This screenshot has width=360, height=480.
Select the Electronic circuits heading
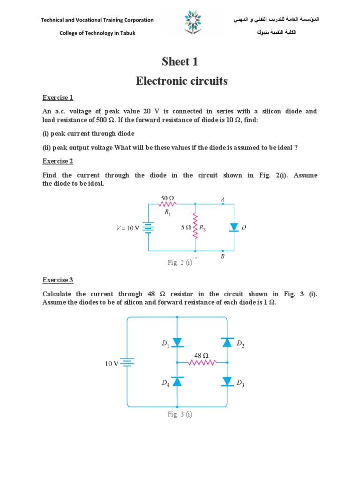tap(182, 81)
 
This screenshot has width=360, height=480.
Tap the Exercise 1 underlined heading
tap(58, 98)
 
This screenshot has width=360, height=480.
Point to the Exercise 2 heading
tap(58, 161)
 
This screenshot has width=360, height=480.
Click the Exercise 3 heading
tap(58, 280)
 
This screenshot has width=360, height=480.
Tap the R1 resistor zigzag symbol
tap(167, 204)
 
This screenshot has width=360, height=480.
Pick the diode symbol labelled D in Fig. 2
tap(234, 227)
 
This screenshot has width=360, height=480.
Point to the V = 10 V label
tap(128, 228)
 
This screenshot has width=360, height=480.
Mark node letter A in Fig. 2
tap(223, 200)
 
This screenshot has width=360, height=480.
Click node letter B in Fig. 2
tap(223, 256)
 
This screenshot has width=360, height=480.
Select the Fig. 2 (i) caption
tap(180, 262)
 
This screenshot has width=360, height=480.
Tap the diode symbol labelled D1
tap(177, 343)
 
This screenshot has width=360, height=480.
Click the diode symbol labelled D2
tap(227, 343)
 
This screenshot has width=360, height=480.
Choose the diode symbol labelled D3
tap(227, 382)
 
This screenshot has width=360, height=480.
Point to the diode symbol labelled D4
tap(177, 382)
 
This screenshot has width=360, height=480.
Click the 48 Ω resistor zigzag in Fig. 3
tap(202, 362)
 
